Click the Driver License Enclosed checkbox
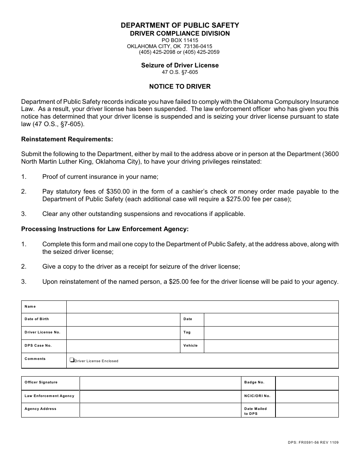[72, 360]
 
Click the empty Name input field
[202, 307]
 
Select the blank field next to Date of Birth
[123, 319]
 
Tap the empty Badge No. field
[307, 383]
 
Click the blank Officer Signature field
[160, 383]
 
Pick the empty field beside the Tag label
[271, 333]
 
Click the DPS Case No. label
[38, 346]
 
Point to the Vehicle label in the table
[191, 346]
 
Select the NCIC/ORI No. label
[257, 396]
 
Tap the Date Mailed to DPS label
[255, 411]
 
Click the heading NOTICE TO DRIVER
[180, 86]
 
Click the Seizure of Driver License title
[180, 65]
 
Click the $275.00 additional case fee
[239, 199]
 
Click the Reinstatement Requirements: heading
[67, 139]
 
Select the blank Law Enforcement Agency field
[160, 396]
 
